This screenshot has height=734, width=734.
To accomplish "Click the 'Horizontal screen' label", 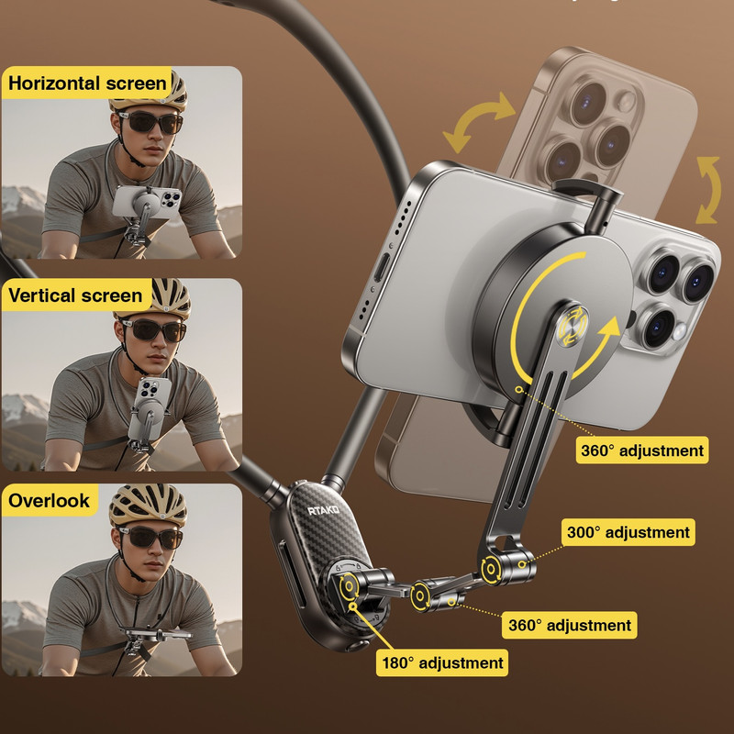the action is point(87,83).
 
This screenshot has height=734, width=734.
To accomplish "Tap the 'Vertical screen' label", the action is point(75,295).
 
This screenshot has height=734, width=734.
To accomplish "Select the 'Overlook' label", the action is point(49,500).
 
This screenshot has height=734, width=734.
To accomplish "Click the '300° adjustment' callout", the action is point(628,532).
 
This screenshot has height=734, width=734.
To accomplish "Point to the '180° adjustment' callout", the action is point(442,662).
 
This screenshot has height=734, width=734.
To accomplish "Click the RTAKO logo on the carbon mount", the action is point(324,510).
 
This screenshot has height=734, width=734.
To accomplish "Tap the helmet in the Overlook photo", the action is point(148,504).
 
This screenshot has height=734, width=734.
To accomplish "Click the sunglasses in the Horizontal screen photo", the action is point(150,123).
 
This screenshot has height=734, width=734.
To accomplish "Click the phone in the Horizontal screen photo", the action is point(147,202).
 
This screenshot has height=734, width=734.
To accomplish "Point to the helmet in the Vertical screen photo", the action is point(154,298).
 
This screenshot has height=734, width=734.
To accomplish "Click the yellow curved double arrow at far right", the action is point(708,190).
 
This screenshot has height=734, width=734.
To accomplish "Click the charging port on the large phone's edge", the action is point(381,270).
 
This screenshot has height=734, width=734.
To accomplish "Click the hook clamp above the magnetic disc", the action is point(590,201).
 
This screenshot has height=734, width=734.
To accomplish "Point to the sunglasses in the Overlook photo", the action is point(150,538).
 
